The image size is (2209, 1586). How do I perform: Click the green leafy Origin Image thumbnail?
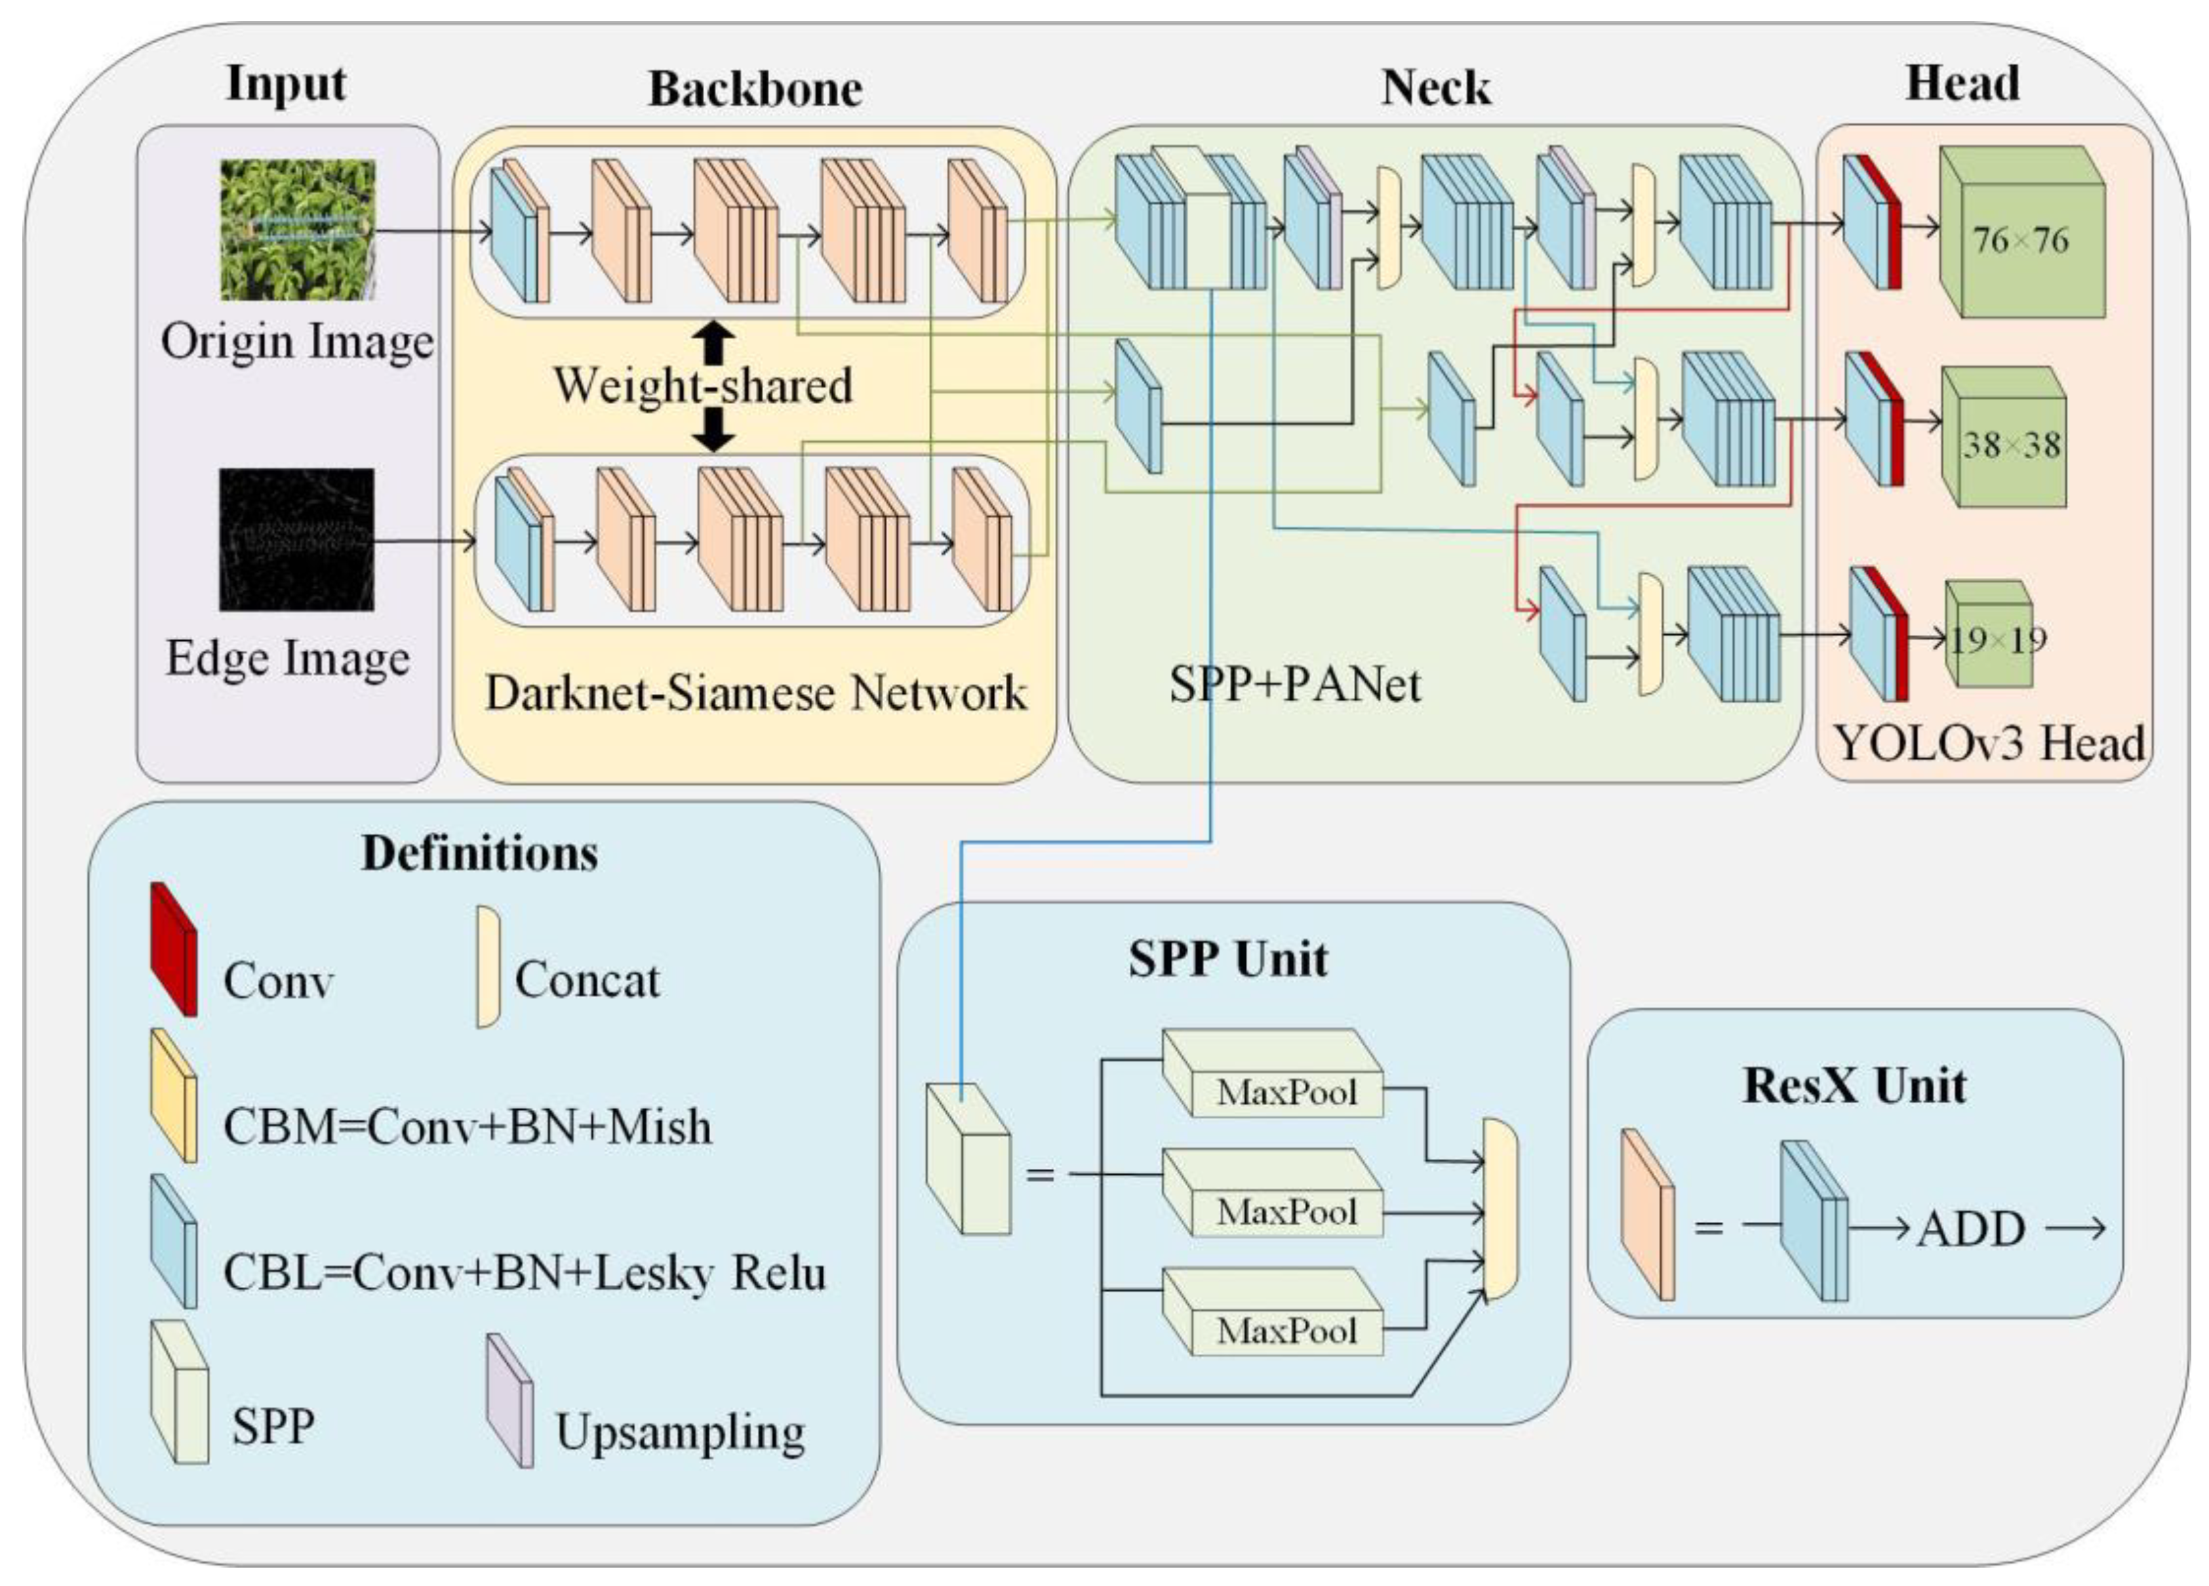(297, 230)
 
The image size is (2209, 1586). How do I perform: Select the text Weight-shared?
(703, 385)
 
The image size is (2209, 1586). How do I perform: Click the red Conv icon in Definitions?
(173, 949)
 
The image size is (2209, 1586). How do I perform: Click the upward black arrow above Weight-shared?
(715, 342)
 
